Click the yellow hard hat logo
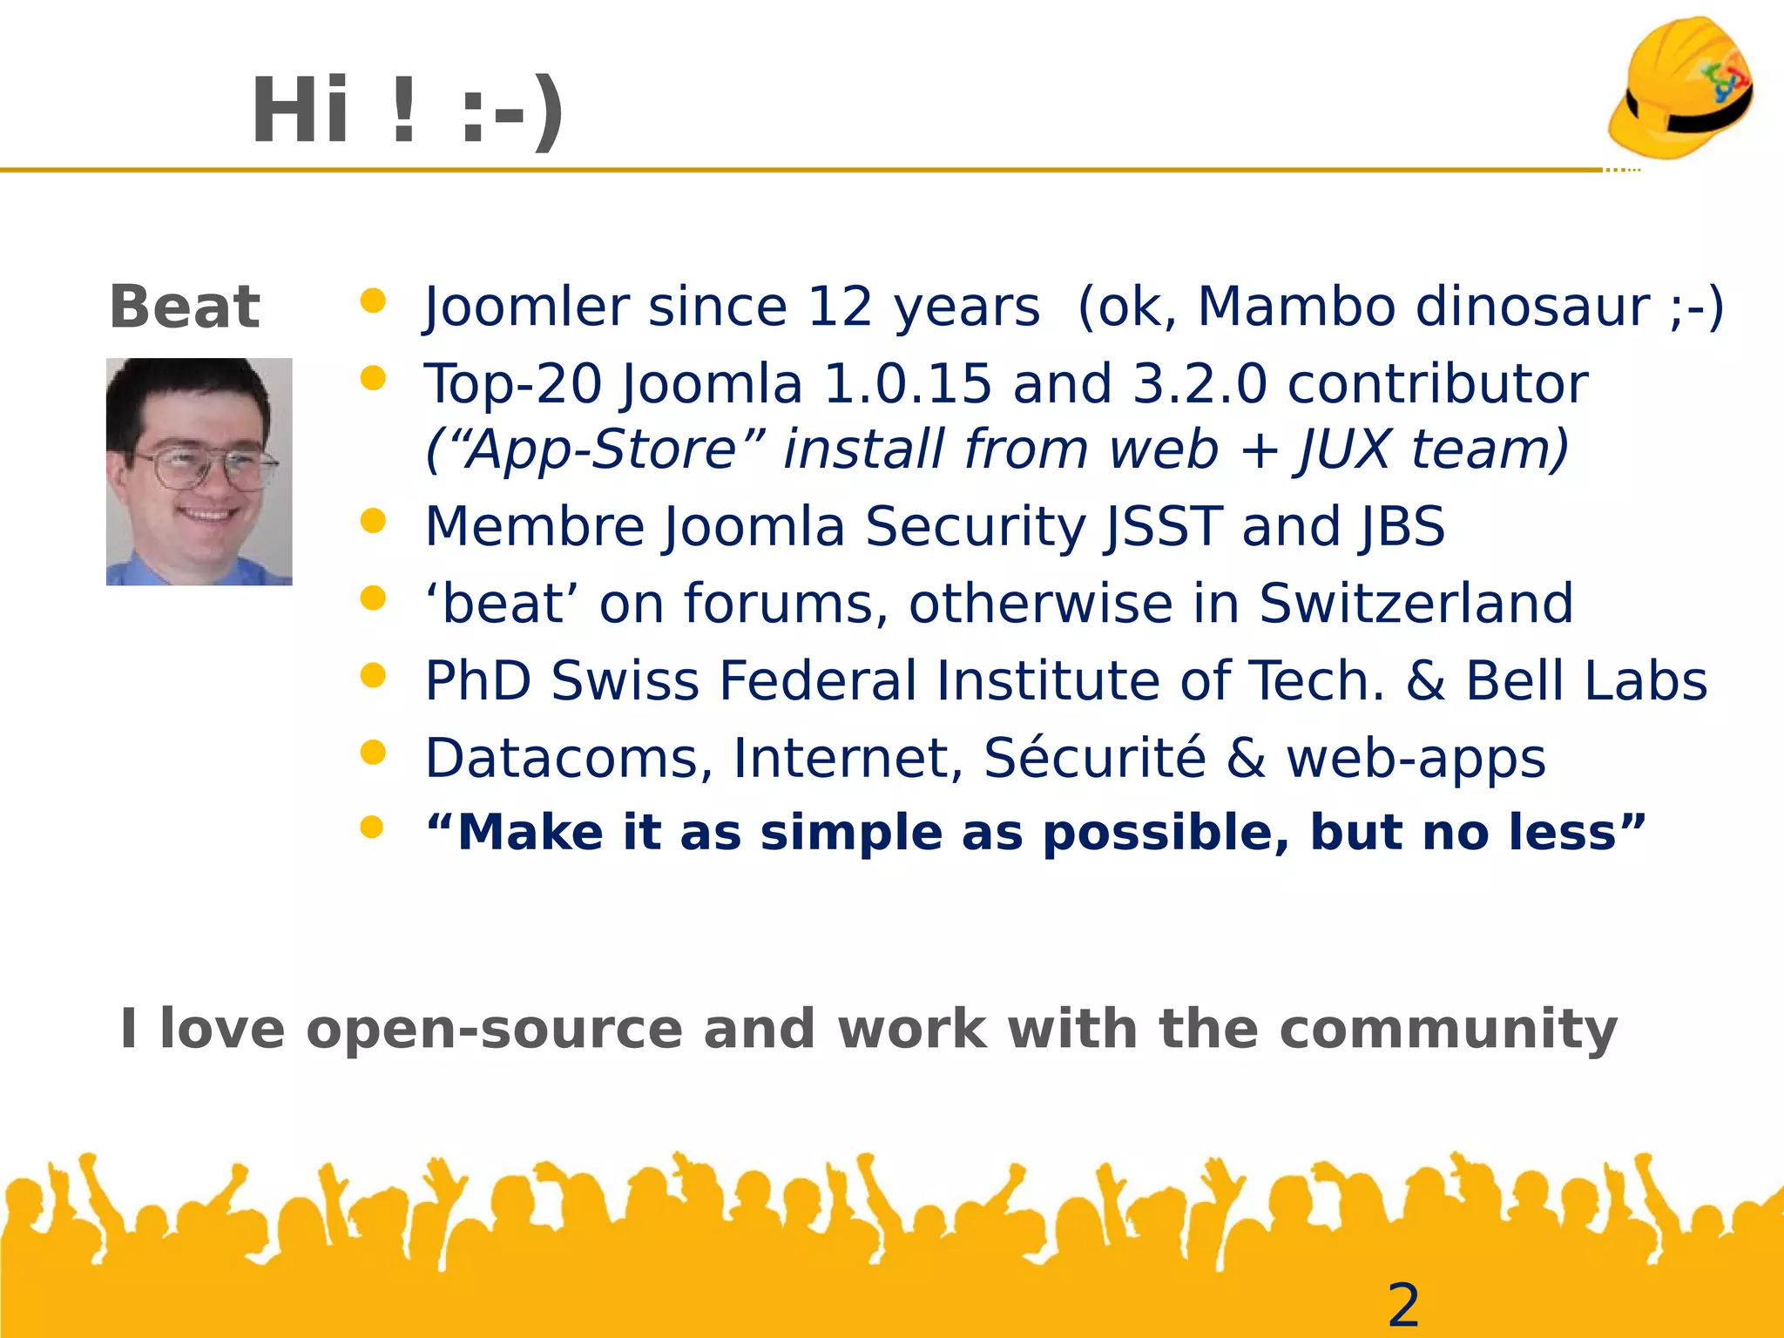point(1681,89)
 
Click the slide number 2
point(1403,1305)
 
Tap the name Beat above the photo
point(185,307)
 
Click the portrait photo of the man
point(199,471)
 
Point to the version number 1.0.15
point(907,384)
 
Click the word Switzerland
point(1416,604)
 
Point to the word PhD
point(477,681)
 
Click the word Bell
point(1515,681)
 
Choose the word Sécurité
point(1094,758)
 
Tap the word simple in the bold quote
point(851,834)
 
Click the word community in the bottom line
point(1448,1030)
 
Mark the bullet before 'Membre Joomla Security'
point(373,521)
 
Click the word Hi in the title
point(301,111)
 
